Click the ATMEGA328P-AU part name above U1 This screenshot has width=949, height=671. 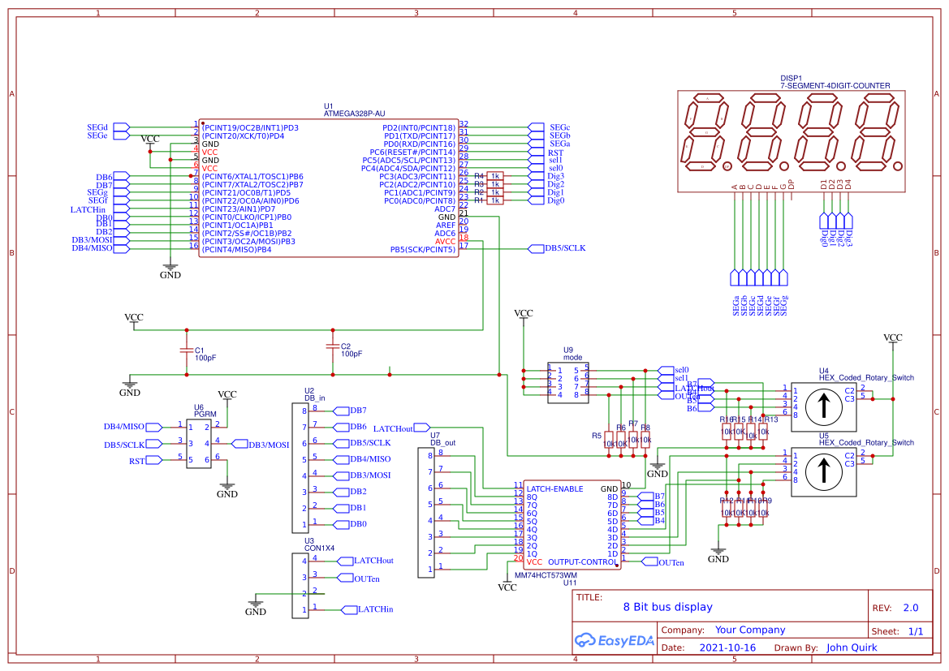click(x=354, y=114)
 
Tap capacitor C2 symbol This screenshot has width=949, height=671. click(x=331, y=347)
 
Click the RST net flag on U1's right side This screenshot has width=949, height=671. click(x=537, y=152)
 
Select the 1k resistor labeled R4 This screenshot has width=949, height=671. click(x=495, y=176)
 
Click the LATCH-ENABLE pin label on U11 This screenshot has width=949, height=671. click(x=554, y=488)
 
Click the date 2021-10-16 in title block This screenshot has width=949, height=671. click(x=727, y=648)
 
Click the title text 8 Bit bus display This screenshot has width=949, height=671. click(x=667, y=607)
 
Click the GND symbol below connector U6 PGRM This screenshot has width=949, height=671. click(x=227, y=489)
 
